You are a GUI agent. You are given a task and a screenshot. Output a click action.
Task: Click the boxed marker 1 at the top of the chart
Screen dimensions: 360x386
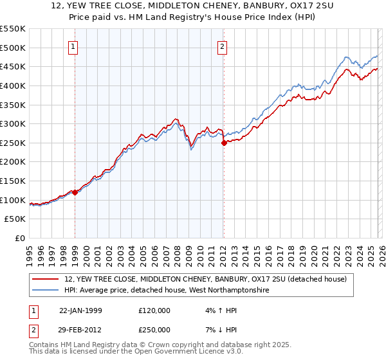tap(74, 46)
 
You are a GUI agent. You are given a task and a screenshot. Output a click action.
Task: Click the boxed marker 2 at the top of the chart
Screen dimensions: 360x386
tap(222, 46)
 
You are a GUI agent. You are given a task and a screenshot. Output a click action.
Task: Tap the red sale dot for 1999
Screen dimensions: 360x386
tap(75, 192)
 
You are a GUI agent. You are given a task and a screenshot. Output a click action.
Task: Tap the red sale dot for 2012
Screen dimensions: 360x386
tap(224, 143)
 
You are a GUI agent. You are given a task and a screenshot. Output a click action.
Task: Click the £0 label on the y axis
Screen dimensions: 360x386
tap(19, 238)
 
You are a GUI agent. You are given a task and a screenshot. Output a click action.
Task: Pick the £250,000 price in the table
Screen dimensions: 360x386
tap(154, 329)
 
